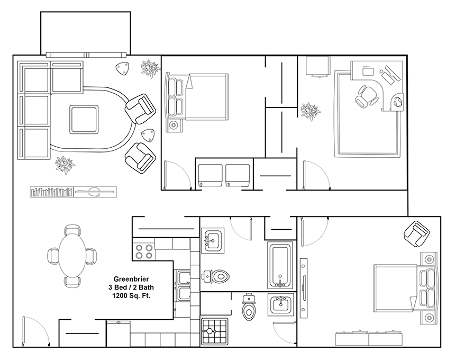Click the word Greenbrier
131,280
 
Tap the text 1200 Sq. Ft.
131,296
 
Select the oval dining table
72,256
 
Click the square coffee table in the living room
84,120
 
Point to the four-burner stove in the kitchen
144,251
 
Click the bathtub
280,265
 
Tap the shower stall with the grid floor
214,331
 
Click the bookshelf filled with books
52,192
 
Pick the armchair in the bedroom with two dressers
417,234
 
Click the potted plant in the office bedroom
310,111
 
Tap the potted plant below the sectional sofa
65,165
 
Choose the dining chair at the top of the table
72,230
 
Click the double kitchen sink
182,285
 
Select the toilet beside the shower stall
248,307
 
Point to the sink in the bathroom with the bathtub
213,241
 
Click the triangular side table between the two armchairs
148,136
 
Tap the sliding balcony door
86,55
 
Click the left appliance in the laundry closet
211,176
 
